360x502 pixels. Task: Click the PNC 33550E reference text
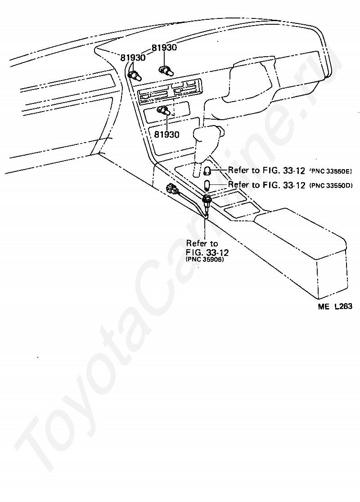330,171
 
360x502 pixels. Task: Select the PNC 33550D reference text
331,185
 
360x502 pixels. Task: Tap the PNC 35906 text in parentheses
205,260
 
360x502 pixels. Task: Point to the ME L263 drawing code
335,306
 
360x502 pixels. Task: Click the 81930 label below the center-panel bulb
166,134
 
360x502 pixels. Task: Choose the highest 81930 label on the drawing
164,47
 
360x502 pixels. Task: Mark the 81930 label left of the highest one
133,58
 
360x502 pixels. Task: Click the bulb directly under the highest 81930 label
166,71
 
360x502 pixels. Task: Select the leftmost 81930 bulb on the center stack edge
135,76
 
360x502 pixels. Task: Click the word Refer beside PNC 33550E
238,170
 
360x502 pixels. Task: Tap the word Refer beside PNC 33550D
238,184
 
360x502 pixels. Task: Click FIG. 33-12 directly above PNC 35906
207,252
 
